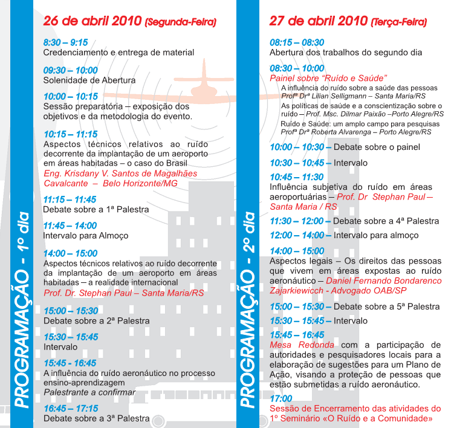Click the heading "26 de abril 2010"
tap(92, 22)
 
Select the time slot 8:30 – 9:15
tap(66, 42)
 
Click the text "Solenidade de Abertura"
tap(89, 80)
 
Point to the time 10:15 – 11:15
tap(70, 134)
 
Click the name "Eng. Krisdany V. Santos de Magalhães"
tap(120, 173)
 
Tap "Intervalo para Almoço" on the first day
tap(85, 235)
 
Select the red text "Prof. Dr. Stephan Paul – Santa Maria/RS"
tap(125, 293)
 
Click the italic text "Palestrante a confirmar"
tap(89, 392)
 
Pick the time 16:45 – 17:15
tap(71, 409)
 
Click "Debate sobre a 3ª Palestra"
tap(96, 418)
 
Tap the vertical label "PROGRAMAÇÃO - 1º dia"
tap(22, 308)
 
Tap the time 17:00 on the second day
tap(281, 398)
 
